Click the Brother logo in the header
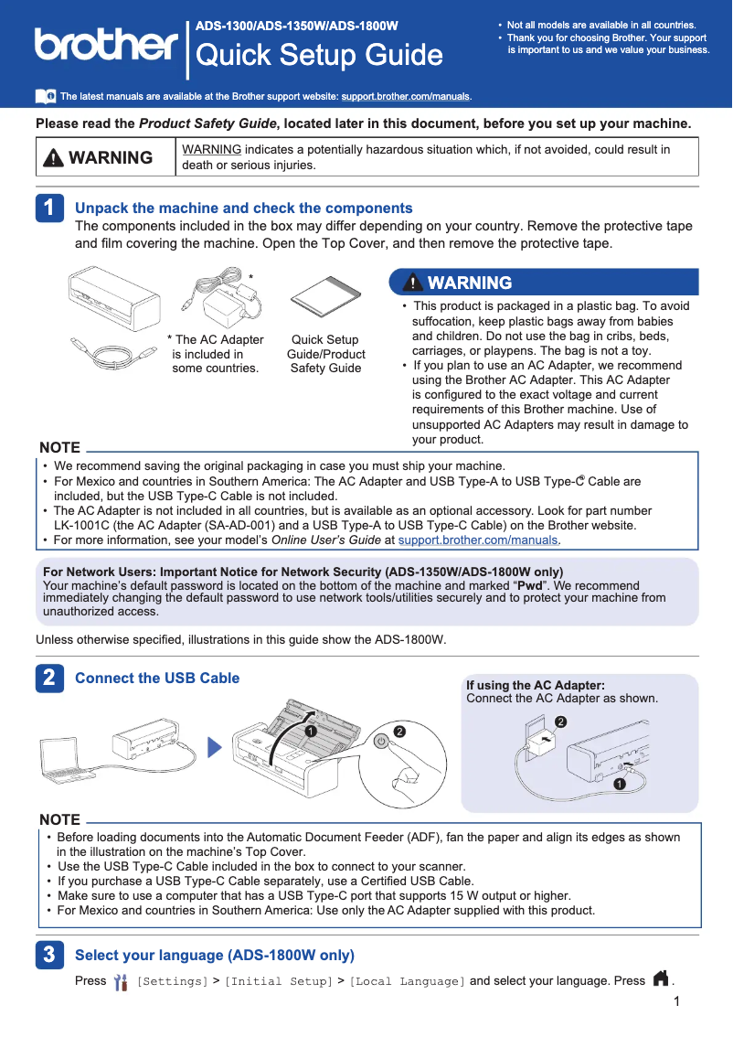coord(106,44)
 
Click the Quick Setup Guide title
coord(320,56)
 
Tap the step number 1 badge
coord(49,208)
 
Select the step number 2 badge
coord(49,679)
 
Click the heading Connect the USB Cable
coord(157,679)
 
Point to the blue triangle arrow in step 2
coord(215,748)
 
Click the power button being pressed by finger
coord(382,742)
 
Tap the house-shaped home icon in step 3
coord(660,980)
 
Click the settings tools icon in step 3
coord(121,982)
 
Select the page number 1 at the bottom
coord(675,1003)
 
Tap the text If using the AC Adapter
coord(536,686)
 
